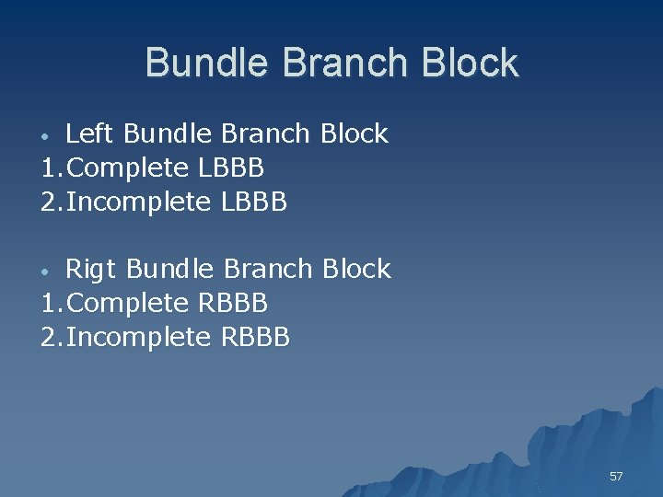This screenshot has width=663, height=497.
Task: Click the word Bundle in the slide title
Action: [x=208, y=64]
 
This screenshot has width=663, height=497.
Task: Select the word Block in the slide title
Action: [x=474, y=64]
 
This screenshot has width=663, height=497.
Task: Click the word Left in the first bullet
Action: [x=90, y=134]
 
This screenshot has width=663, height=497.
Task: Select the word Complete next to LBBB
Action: [x=129, y=168]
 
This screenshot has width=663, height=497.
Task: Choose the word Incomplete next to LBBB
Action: [x=139, y=202]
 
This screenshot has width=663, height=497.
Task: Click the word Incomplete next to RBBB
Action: [x=139, y=338]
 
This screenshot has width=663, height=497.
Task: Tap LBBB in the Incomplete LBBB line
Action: [x=254, y=202]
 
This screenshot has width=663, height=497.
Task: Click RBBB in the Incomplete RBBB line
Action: [x=256, y=338]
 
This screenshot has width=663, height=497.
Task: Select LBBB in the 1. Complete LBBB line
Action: [x=232, y=168]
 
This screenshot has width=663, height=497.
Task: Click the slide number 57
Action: [x=616, y=476]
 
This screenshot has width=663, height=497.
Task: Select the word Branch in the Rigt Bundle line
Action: [x=269, y=270]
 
